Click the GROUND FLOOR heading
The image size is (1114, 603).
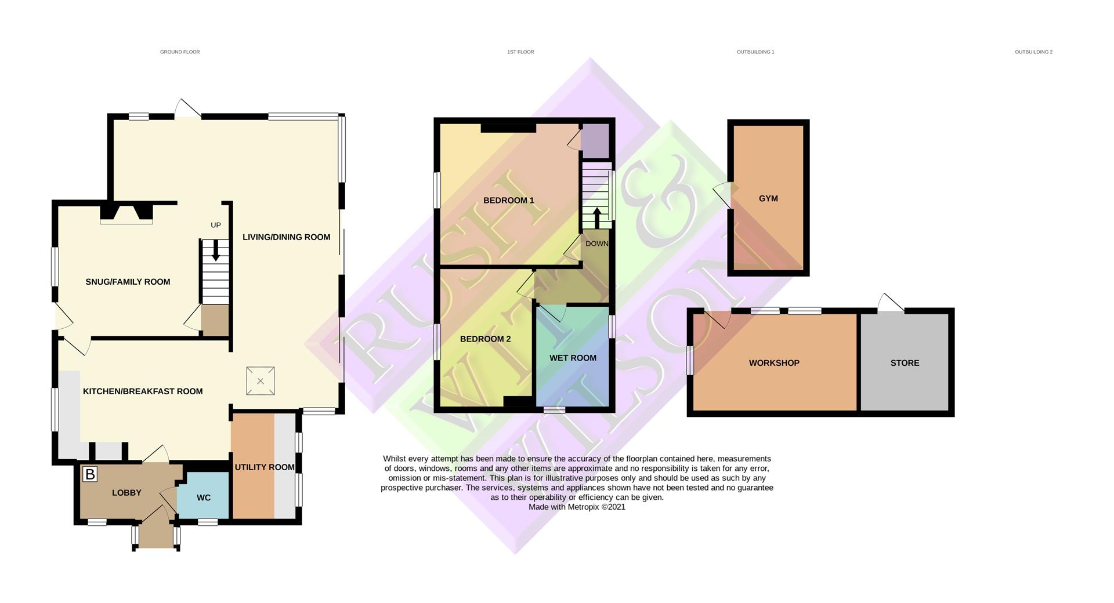click(x=180, y=52)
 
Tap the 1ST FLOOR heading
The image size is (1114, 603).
click(x=520, y=52)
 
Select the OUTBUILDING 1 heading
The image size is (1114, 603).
click(x=755, y=52)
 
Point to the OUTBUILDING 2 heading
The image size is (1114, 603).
click(x=1033, y=52)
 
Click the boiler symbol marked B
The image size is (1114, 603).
click(x=90, y=474)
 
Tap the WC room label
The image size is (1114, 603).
click(x=204, y=497)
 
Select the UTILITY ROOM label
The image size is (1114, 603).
click(x=265, y=467)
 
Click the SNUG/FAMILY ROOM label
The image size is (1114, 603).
click(x=128, y=282)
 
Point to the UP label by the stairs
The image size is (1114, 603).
click(x=216, y=225)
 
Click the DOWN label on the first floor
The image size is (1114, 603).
click(x=596, y=244)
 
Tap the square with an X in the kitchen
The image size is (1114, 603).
click(x=261, y=381)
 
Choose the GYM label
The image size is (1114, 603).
click(x=768, y=198)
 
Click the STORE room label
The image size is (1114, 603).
click(x=905, y=363)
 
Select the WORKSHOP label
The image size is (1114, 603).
click(x=774, y=363)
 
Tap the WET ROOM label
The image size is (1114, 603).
click(x=573, y=358)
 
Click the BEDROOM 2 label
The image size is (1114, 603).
click(x=485, y=339)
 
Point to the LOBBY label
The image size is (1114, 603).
click(x=126, y=492)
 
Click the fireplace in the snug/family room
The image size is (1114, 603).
click(x=126, y=213)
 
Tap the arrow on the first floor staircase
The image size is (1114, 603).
click(x=596, y=217)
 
